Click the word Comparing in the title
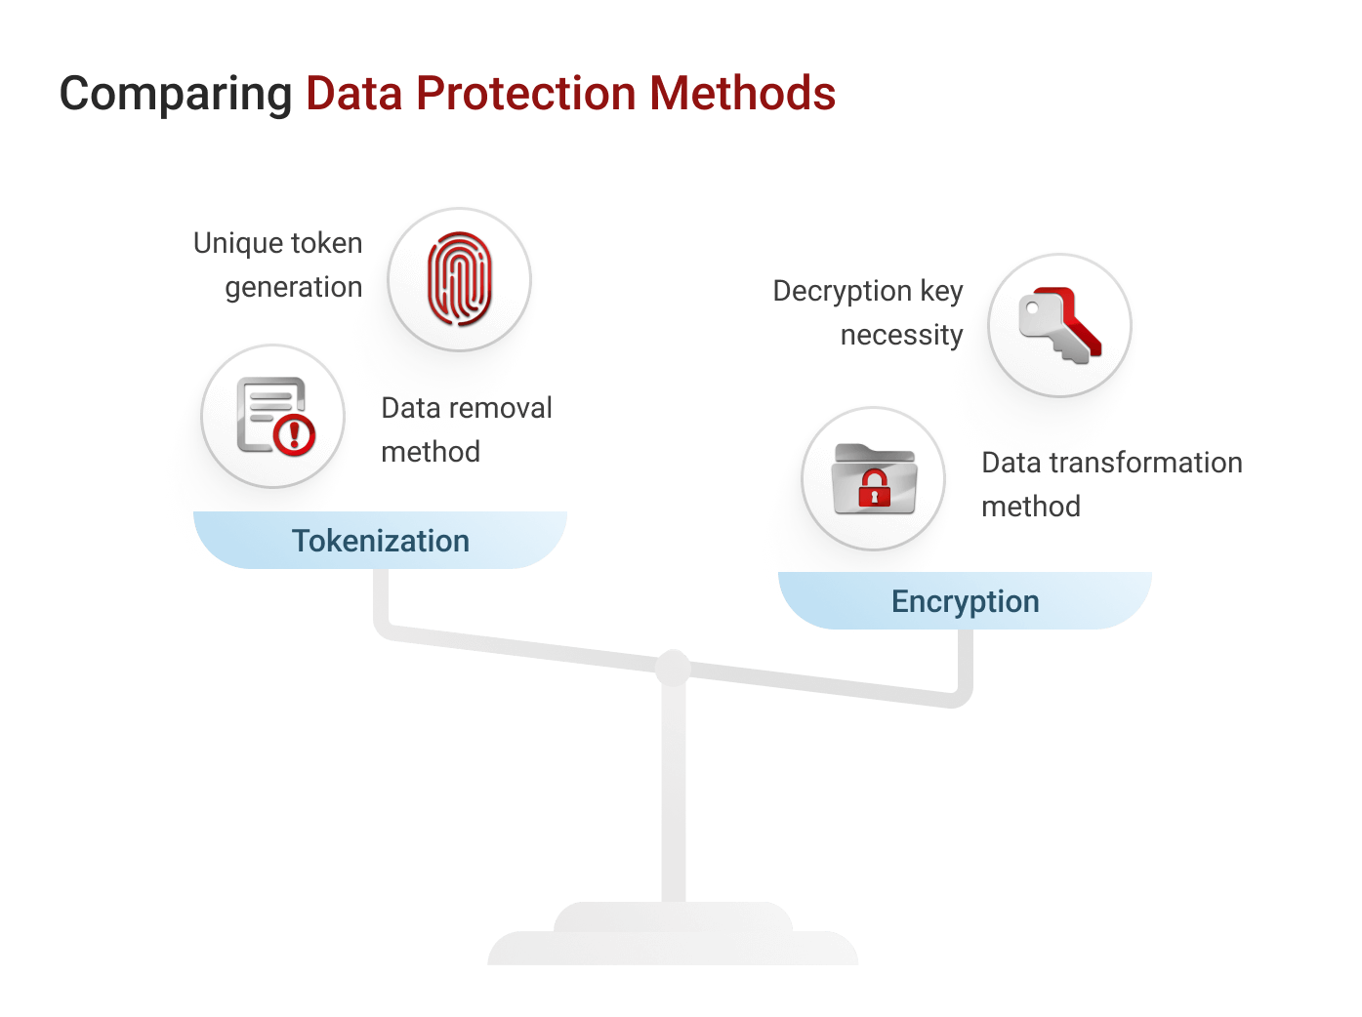point(176,95)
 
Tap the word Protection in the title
point(526,94)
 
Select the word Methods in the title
point(742,94)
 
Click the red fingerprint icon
point(460,279)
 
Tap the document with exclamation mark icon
point(275,417)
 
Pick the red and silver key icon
point(1060,325)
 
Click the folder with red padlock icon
point(874,479)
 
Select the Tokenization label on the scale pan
point(381,541)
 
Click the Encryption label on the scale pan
point(965,601)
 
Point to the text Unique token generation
point(278,264)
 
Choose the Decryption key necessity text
point(868,312)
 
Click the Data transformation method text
point(1111,484)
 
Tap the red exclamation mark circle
point(294,434)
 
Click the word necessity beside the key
point(901,335)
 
